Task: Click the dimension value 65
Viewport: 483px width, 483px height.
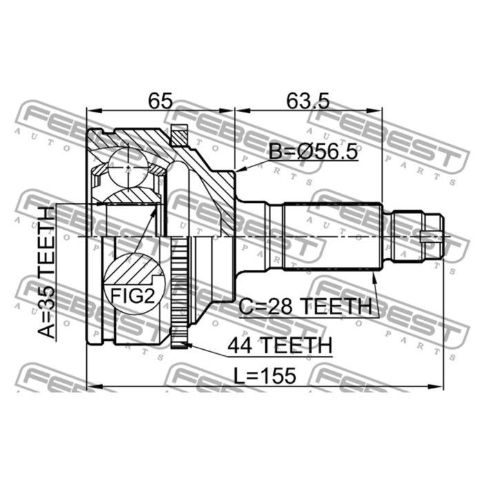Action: tap(159, 101)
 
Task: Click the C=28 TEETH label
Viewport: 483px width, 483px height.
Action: tap(306, 306)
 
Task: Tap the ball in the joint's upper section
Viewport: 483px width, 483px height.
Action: tap(129, 166)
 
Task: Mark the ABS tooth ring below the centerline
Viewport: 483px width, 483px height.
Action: tap(180, 290)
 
